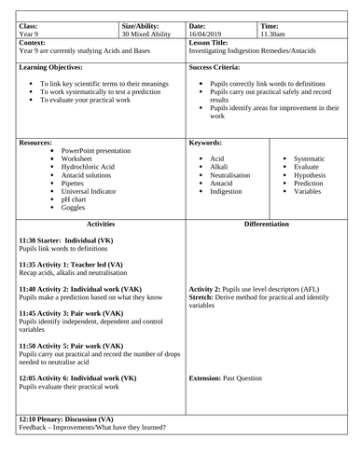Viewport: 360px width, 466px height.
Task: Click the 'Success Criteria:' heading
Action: click(x=221, y=68)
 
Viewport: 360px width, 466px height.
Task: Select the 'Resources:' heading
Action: click(x=39, y=144)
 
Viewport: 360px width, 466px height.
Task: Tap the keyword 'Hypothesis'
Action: click(x=314, y=175)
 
